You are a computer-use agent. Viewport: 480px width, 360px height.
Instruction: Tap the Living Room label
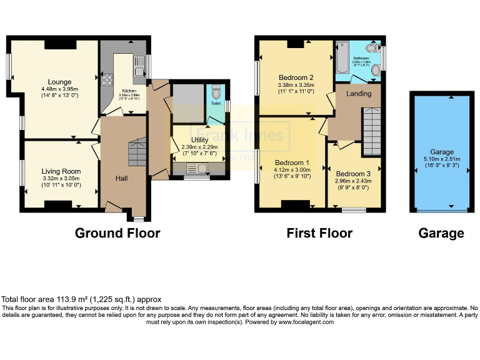click(x=61, y=171)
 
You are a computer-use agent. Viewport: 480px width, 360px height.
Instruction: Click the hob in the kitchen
click(x=106, y=79)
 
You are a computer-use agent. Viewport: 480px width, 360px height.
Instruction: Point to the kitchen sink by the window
click(x=139, y=63)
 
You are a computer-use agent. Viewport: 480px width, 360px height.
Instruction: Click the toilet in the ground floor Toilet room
click(x=216, y=93)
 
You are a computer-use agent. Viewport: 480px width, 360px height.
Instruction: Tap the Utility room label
click(x=199, y=139)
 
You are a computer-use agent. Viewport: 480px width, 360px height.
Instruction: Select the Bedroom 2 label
click(x=295, y=78)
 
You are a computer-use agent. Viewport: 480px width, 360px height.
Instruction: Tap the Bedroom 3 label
click(x=352, y=174)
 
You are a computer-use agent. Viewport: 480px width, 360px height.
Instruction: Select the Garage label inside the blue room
click(x=442, y=152)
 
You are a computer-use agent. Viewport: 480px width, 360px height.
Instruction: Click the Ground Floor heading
click(x=117, y=233)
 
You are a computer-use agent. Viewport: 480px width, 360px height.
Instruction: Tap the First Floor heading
click(x=319, y=233)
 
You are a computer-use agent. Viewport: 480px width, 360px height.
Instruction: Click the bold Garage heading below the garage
click(x=441, y=233)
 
